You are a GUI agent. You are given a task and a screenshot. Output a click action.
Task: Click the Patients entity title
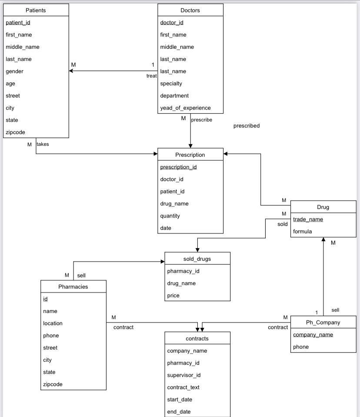click(36, 10)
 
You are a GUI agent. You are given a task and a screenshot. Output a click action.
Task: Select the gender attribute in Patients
click(15, 71)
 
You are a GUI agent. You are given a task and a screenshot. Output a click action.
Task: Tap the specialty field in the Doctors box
click(171, 84)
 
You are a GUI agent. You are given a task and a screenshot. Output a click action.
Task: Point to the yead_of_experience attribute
click(185, 108)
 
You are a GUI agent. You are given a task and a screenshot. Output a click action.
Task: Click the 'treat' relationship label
click(151, 76)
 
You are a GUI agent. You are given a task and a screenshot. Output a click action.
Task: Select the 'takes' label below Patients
click(43, 144)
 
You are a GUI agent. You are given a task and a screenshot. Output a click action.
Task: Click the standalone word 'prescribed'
click(246, 126)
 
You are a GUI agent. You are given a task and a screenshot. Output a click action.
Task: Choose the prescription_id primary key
click(178, 167)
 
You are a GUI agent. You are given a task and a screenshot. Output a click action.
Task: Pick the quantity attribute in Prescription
click(170, 216)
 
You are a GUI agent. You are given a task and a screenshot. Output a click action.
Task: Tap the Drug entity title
click(323, 207)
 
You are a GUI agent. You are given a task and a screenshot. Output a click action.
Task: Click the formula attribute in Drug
click(302, 232)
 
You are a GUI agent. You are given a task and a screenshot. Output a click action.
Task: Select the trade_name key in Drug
click(308, 219)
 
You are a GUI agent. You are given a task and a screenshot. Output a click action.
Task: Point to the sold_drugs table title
click(197, 259)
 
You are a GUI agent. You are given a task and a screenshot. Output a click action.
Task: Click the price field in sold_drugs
click(173, 296)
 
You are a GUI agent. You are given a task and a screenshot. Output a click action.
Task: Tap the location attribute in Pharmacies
click(53, 323)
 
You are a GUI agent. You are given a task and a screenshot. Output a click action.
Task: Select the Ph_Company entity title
click(323, 323)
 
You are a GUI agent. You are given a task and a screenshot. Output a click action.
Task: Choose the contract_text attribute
click(183, 387)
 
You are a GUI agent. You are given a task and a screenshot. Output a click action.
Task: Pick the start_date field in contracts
click(180, 400)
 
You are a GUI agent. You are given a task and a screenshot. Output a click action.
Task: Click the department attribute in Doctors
click(174, 96)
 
